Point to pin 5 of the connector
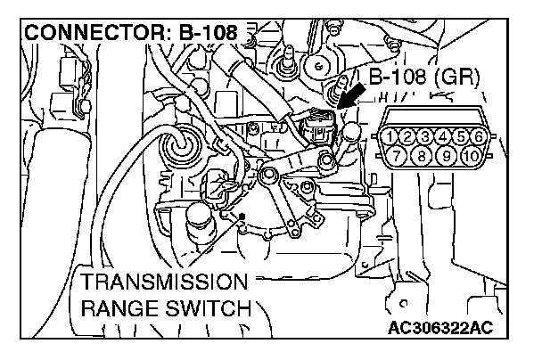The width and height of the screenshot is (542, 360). pyautogui.click(x=462, y=137)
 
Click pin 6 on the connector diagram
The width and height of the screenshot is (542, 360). pyautogui.click(x=479, y=137)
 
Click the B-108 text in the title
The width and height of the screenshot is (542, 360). pyautogui.click(x=208, y=34)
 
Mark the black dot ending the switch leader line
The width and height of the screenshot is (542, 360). pyautogui.click(x=242, y=217)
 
